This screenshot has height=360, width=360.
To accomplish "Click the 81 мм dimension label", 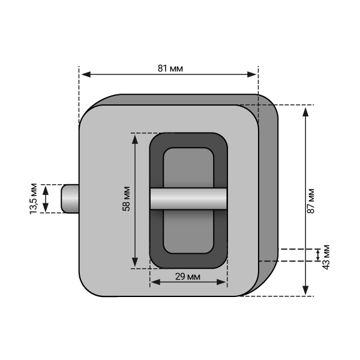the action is pos(170,68).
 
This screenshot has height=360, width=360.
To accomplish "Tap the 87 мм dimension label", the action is pos(311,201).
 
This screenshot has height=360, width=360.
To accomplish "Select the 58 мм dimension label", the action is pos(126,199).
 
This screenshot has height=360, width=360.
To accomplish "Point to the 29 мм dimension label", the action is pos(188,277).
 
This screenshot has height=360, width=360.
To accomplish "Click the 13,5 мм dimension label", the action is pos(34,199).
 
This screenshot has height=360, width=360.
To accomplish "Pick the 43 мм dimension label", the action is pos(326,257).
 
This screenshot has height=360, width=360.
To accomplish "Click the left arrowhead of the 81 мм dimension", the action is pos(86,74).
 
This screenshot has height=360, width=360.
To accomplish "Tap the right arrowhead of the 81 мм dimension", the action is pos(251,74).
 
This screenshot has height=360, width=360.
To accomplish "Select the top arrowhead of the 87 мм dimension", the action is pos(305,112).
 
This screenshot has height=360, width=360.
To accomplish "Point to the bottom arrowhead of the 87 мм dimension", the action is pos(305,290).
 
